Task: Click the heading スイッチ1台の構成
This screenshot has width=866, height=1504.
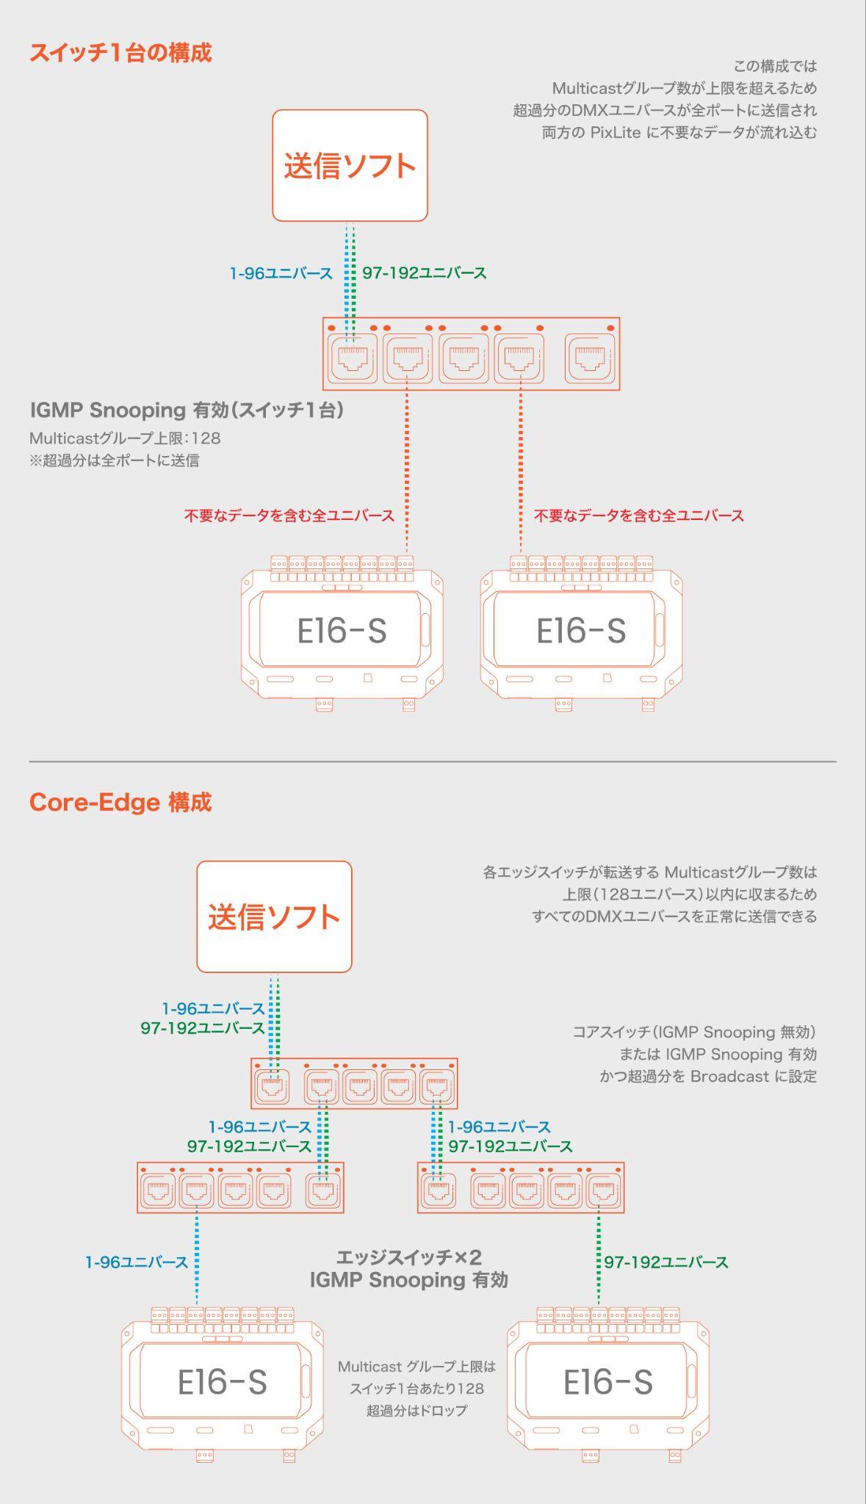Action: (120, 53)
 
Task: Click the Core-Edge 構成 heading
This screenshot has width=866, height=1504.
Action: (120, 802)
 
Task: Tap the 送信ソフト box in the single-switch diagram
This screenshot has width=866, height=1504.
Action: (350, 165)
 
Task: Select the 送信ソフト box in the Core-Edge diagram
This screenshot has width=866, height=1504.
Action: (274, 916)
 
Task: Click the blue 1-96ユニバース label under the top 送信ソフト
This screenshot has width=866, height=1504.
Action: (281, 273)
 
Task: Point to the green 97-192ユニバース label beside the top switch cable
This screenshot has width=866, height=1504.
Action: (425, 273)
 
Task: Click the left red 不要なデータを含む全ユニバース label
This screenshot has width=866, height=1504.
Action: (289, 516)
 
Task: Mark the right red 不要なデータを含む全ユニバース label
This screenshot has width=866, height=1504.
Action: (639, 516)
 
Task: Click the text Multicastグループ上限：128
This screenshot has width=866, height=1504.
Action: (125, 438)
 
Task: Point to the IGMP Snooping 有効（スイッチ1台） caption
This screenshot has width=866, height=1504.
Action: (187, 410)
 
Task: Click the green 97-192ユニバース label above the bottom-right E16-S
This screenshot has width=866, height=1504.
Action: (666, 1262)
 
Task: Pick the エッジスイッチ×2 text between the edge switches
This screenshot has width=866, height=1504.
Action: (409, 1257)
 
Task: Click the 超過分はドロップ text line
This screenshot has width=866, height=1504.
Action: (416, 1410)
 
